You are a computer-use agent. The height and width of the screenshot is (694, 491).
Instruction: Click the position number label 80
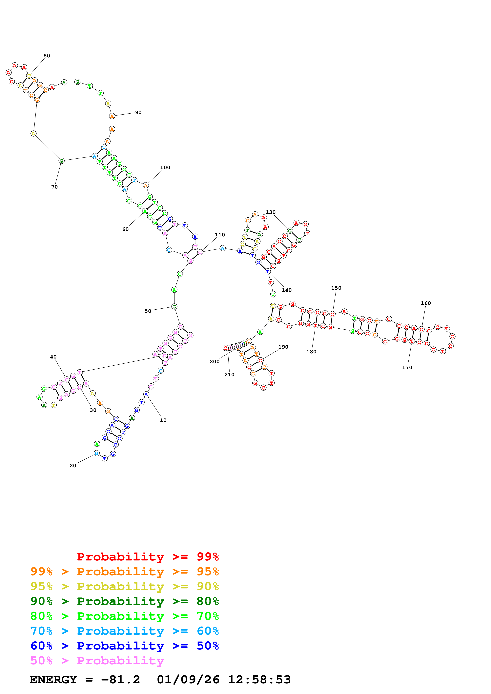point(47,56)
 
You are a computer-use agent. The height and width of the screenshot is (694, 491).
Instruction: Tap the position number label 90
point(138,112)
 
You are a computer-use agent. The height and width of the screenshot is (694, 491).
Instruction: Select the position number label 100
point(165,167)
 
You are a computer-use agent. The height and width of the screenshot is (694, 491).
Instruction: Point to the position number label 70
point(54,187)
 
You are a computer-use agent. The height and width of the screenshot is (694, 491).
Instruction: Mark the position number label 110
point(220,235)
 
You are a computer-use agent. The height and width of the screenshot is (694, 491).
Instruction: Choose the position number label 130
point(271,212)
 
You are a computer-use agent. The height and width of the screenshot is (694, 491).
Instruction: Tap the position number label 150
point(336,288)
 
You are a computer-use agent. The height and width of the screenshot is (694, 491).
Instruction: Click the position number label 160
point(426,303)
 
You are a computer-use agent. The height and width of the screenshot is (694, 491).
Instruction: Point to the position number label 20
point(73,466)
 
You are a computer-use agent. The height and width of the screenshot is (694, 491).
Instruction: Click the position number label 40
point(53,357)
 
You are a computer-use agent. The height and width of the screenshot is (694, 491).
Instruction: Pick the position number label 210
point(229,374)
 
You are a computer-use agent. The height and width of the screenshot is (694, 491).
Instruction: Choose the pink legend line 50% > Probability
point(97,660)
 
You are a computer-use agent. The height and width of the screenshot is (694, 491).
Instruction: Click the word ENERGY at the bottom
point(53,680)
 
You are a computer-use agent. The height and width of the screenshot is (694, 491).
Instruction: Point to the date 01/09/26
point(188,680)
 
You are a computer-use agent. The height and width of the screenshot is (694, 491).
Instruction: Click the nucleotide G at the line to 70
point(61,161)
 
